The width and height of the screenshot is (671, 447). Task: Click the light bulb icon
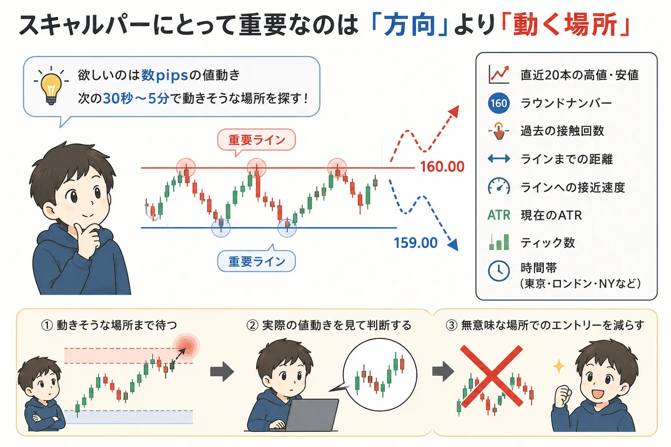[x=51, y=86]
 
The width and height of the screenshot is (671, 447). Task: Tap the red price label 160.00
[x=442, y=167]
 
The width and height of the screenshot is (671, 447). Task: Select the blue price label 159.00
[x=415, y=243]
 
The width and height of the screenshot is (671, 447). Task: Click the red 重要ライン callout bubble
[x=256, y=140]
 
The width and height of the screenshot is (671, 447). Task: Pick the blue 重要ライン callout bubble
[x=256, y=261]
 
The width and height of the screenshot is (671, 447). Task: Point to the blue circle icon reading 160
[x=499, y=103]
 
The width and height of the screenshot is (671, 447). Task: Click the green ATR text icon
[x=499, y=215]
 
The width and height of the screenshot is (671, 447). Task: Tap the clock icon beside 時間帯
[x=499, y=271]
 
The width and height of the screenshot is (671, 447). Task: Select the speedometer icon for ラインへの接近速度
[x=499, y=186]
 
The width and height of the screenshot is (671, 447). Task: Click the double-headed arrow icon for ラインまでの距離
[x=499, y=158]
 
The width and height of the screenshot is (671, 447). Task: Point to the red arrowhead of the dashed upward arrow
[x=454, y=111]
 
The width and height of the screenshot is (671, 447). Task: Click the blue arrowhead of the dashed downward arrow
[x=453, y=244]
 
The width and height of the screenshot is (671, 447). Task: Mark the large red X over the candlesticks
[x=491, y=376]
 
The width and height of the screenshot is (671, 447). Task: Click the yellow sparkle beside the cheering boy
[x=559, y=366]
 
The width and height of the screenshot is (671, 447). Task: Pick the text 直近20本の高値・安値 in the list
[x=580, y=75]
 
